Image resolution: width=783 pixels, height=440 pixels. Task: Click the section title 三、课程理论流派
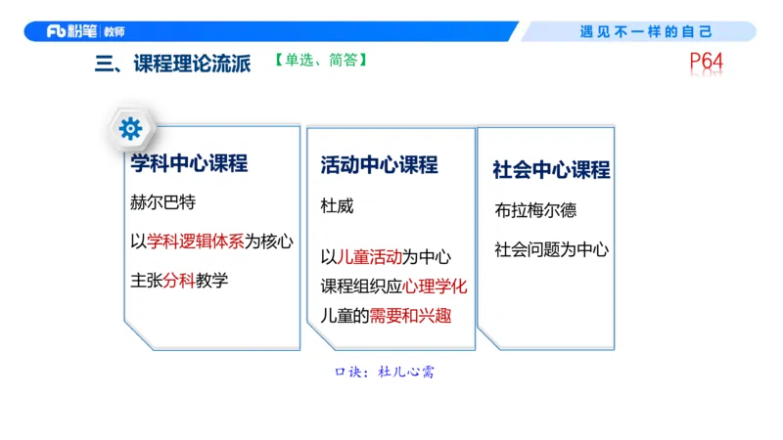(173, 65)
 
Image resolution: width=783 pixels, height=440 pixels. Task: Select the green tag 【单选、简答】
(321, 60)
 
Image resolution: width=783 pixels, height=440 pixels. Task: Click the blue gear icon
(130, 128)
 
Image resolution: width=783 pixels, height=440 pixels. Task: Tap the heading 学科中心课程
(189, 163)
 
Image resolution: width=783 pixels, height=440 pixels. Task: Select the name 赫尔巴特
(162, 203)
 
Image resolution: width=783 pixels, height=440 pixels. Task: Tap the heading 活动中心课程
(379, 165)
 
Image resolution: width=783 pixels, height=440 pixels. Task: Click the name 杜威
(337, 207)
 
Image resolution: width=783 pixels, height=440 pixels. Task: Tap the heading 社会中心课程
(551, 169)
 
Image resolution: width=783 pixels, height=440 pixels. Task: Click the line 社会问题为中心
(551, 249)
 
